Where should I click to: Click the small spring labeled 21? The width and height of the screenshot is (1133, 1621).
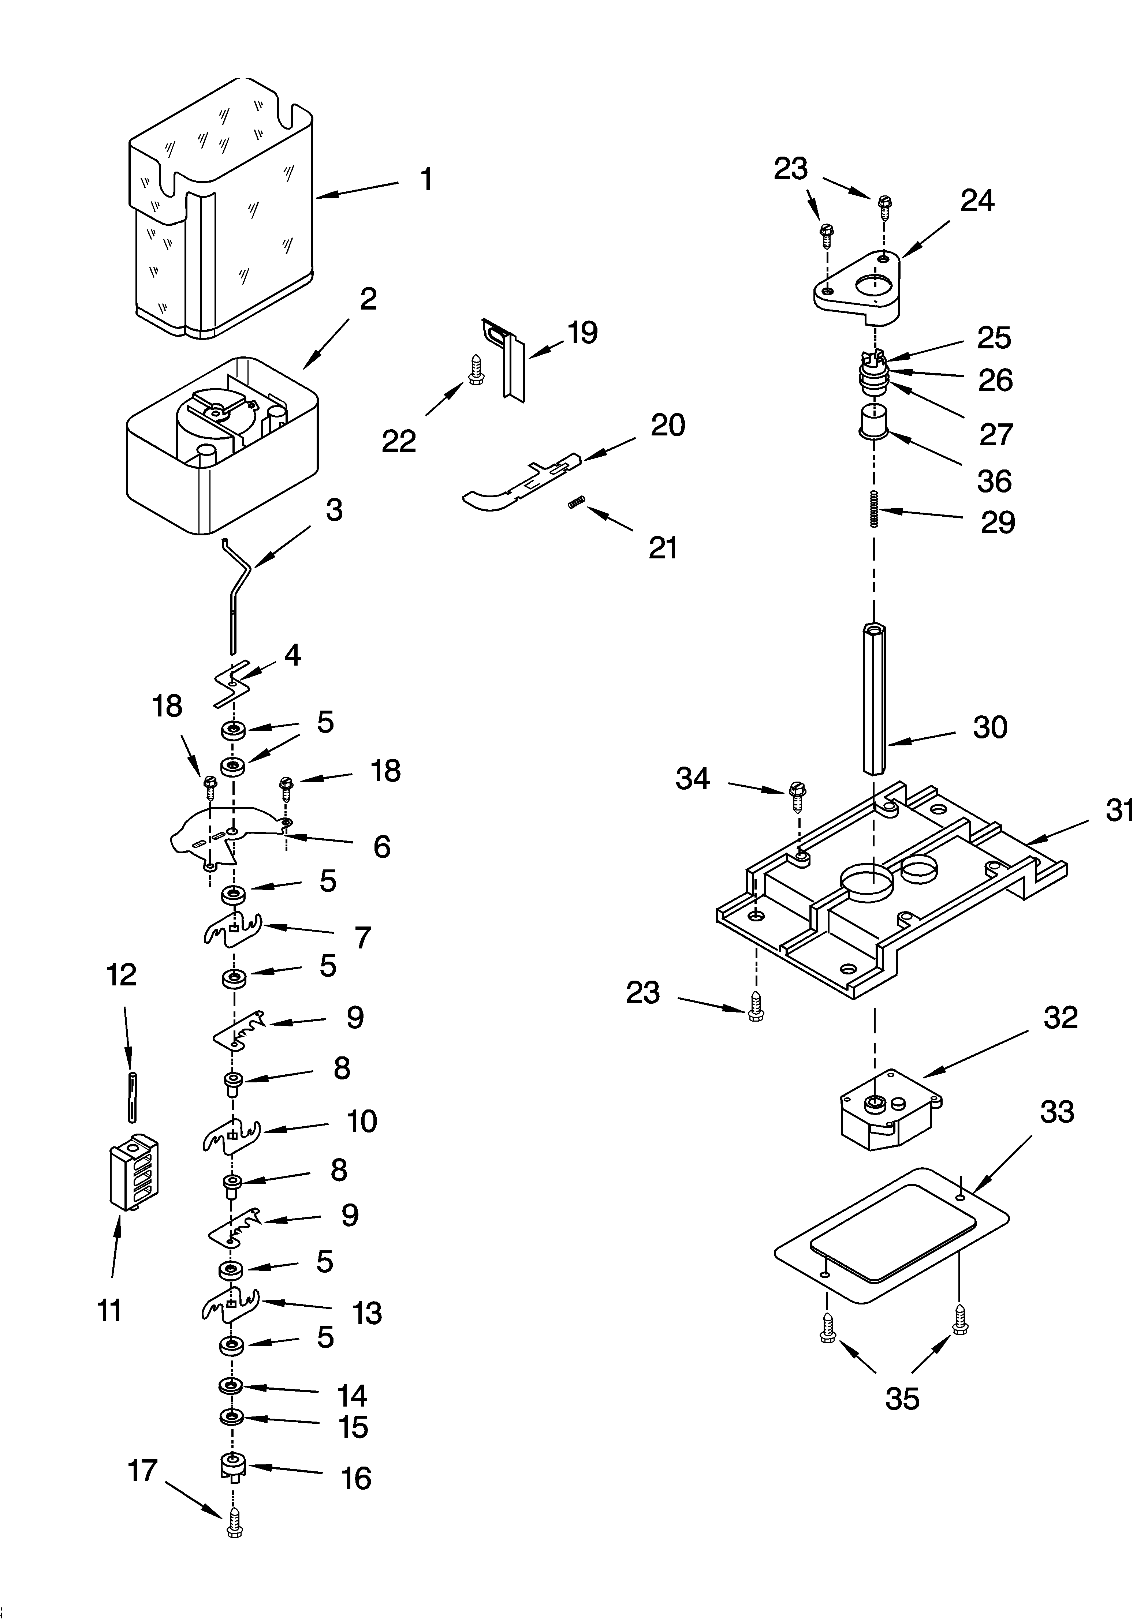click(x=577, y=502)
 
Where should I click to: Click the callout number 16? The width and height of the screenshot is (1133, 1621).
click(x=355, y=1478)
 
